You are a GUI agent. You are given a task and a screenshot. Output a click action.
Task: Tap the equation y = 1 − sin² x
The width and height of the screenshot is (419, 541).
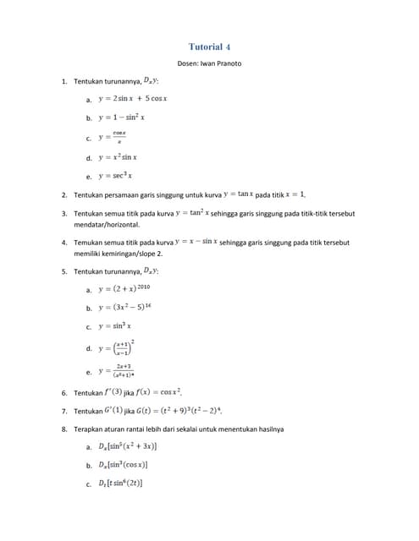click(122, 117)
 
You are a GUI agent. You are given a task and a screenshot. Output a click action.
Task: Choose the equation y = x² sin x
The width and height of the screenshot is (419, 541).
click(118, 157)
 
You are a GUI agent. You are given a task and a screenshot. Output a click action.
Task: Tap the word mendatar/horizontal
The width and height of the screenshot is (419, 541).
click(107, 226)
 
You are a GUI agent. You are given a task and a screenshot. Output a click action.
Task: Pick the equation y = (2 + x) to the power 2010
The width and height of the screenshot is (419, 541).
click(124, 289)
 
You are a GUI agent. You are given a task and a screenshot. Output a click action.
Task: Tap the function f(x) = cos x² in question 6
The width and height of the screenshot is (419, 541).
click(158, 392)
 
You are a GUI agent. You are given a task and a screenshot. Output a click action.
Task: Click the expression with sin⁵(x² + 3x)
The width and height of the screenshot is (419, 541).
click(127, 445)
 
